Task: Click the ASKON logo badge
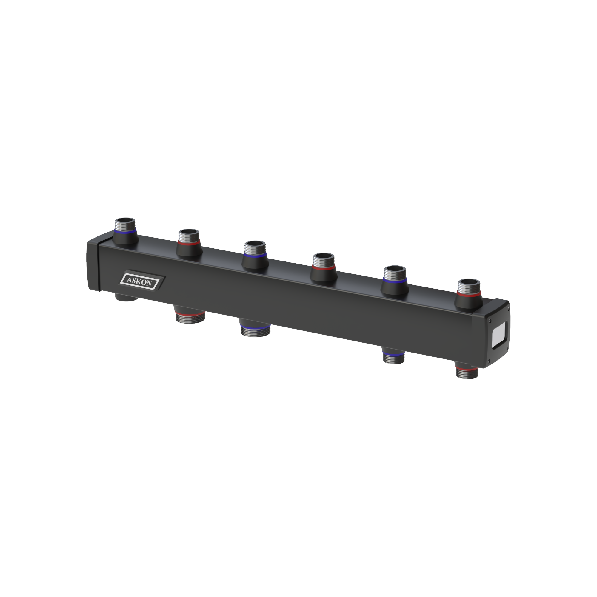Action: click(x=142, y=281)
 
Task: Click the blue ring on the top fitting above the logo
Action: click(x=125, y=231)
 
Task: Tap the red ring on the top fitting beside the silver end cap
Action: click(x=469, y=294)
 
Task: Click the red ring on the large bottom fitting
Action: click(x=190, y=313)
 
